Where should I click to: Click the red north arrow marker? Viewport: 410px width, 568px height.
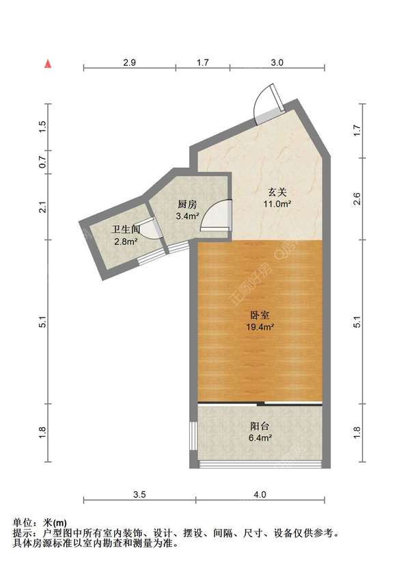48,64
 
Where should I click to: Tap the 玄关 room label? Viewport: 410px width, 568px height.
277,192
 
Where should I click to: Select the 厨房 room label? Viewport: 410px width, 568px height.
187,205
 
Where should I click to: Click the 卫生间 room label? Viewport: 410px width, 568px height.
126,229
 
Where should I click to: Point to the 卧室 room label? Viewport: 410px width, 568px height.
260,315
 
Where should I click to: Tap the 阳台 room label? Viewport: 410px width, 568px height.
260,426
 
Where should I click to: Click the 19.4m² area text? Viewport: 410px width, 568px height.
260,327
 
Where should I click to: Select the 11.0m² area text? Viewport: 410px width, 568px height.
277,203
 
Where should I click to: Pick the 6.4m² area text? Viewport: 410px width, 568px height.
260,438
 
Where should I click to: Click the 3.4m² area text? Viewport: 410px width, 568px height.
187,217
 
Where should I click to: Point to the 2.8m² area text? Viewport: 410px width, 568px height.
126,242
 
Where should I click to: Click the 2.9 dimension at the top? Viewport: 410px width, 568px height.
129,63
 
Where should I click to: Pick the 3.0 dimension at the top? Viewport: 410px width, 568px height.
277,63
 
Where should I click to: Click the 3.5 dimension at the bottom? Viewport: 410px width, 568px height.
139,495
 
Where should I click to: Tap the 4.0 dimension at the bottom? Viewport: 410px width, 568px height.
260,495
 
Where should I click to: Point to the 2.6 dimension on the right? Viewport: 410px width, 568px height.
357,198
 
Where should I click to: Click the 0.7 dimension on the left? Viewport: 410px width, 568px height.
42,162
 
